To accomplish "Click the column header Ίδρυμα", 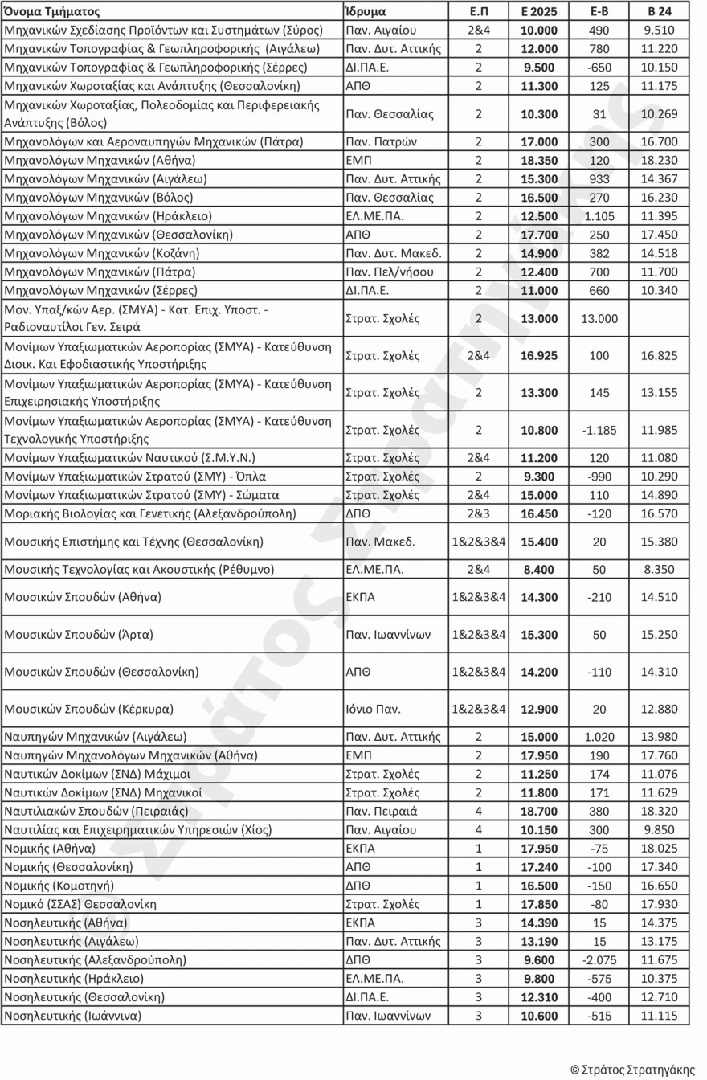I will [x=366, y=12].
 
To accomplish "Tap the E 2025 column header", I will [x=539, y=12].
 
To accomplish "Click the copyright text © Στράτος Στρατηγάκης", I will [x=632, y=1069].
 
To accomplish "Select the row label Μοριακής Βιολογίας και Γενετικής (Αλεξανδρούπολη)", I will [x=150, y=513].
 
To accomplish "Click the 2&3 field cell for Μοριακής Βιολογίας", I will [x=479, y=513].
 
